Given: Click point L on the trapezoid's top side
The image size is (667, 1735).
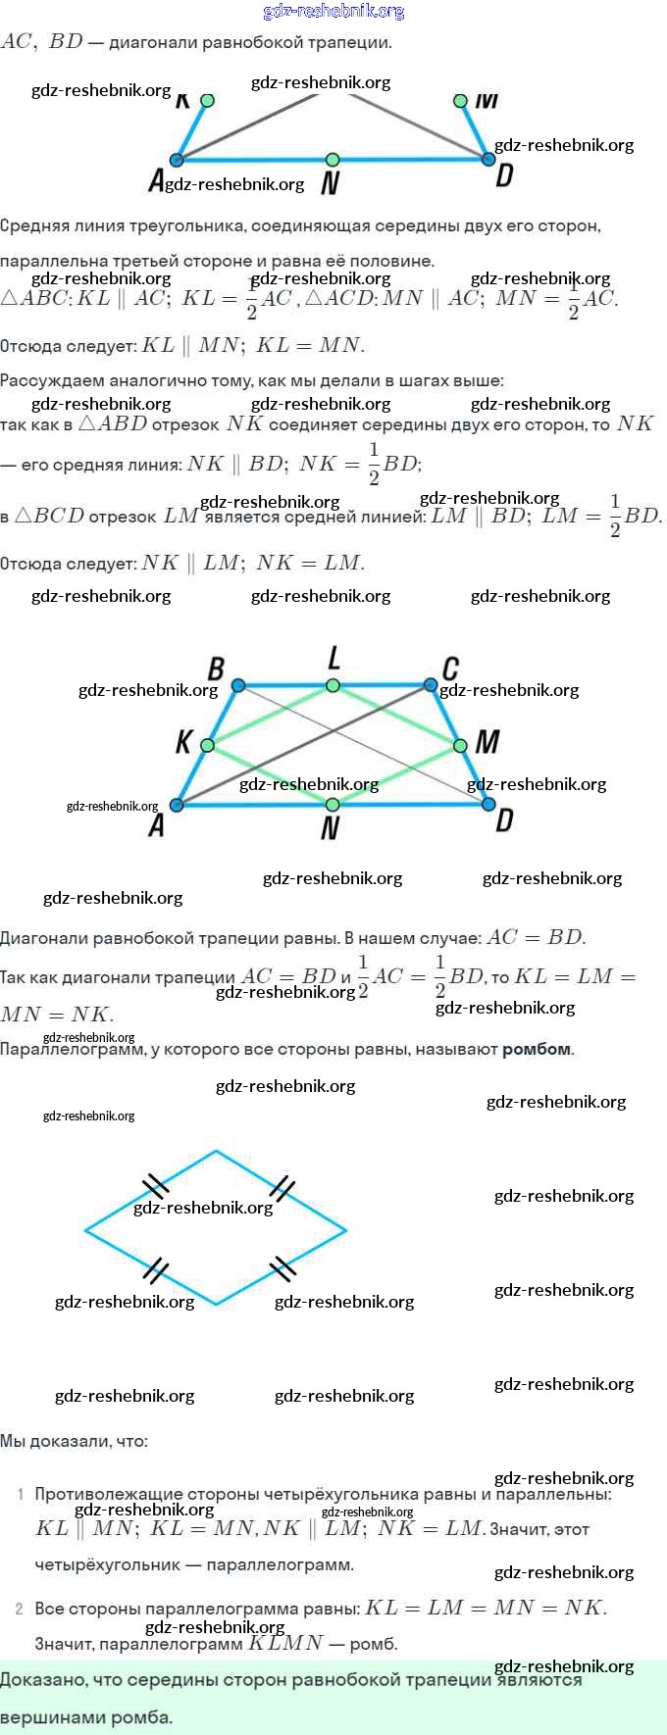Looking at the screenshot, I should pos(333,685).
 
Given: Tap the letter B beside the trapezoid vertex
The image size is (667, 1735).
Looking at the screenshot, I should pos(216,669).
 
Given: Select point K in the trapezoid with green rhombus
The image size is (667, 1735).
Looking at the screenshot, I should pos(207,746).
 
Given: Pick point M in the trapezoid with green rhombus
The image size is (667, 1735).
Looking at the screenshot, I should pos(460,747).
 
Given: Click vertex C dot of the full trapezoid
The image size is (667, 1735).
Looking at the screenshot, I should pos(430,685).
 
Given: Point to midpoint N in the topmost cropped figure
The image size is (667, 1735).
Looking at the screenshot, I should pos(333,159).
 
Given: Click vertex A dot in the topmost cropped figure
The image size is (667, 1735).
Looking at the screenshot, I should pos(177,160).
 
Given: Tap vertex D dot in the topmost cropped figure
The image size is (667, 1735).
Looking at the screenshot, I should pos(487,159).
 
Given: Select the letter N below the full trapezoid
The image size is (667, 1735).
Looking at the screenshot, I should pos(331,828).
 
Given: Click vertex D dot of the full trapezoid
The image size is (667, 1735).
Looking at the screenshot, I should pos(488,805).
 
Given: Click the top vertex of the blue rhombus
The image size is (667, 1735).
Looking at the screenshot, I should pos(216,1152).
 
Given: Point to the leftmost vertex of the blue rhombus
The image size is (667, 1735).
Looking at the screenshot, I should pos(86,1228).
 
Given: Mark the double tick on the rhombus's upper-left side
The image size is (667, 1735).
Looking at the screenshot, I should pos(155,1186).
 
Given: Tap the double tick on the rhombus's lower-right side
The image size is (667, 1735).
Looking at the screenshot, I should pos(282,1267).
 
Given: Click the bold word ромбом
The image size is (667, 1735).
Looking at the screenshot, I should pos(537,1049).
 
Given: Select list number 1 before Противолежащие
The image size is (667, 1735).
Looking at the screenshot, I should pos(21,1495).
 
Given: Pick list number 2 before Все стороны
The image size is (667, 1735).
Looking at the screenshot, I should pos(20,1609).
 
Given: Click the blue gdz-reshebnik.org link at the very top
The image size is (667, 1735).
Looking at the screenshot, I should pos(333,12).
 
